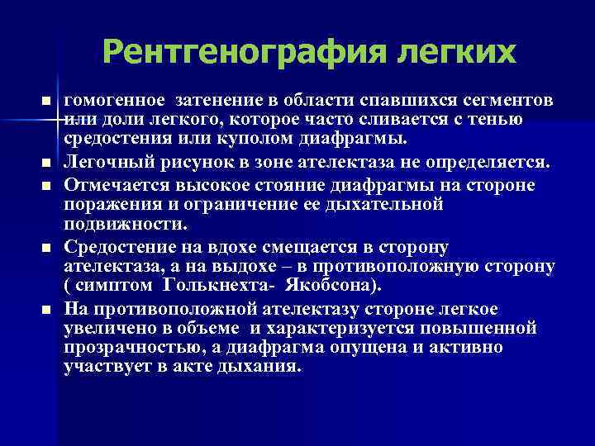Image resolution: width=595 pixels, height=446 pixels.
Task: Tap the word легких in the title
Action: click(445, 53)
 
